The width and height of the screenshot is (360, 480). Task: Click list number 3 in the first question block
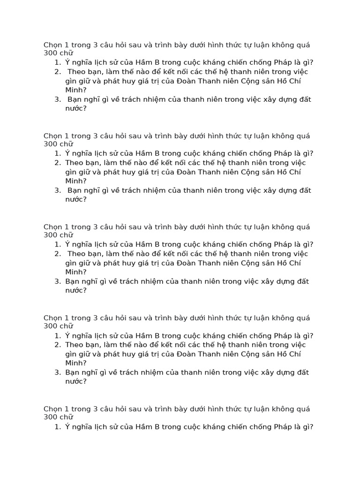tap(57, 99)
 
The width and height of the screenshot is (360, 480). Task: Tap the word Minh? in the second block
tap(76, 181)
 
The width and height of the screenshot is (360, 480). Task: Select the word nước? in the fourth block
tap(76, 382)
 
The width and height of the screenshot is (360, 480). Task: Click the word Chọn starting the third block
tap(52, 227)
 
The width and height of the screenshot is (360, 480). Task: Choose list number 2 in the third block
tap(57, 254)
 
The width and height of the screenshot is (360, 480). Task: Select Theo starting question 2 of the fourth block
tap(74, 345)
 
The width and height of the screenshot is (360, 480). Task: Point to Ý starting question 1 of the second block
tap(67, 153)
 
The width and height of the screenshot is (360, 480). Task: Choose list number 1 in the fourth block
tap(57, 336)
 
